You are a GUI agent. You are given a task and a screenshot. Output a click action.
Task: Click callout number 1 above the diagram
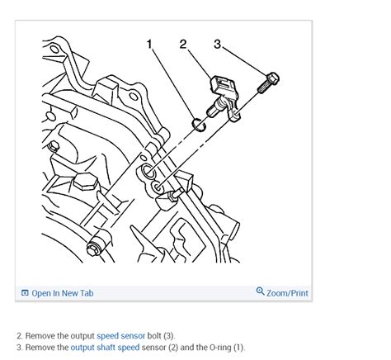(149, 44)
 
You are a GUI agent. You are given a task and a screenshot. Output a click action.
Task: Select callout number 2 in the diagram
(183, 44)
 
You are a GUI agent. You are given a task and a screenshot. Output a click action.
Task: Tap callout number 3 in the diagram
(217, 44)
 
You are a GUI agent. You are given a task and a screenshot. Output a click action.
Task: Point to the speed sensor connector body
(224, 85)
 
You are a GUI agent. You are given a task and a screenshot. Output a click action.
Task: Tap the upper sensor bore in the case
(147, 173)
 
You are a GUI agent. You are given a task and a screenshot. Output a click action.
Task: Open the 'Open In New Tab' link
(62, 293)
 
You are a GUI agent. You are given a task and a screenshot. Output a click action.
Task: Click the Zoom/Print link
(287, 292)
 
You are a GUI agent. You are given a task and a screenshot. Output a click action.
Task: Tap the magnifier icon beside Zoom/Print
(261, 292)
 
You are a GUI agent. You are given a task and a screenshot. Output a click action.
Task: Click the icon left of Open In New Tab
(25, 293)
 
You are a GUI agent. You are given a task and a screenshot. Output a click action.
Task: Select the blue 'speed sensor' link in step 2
(120, 336)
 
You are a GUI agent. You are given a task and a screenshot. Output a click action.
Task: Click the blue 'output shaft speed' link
(105, 348)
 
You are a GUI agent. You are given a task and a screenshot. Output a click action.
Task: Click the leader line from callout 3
(244, 61)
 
